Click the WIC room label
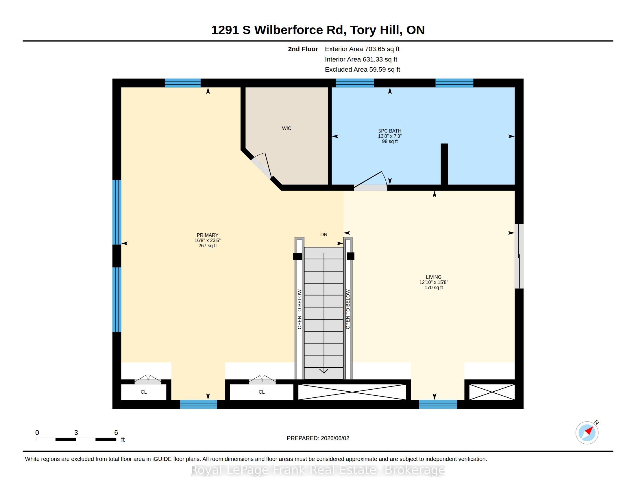pos(286,128)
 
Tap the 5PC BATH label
pos(390,131)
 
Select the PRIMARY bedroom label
pos(207,235)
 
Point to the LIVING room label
pos(434,277)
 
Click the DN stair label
pos(324,235)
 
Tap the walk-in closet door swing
pos(262,165)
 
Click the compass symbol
pos(587,433)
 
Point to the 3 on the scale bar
pos(76,433)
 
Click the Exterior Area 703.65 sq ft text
pos(362,49)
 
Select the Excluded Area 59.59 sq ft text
pos(363,70)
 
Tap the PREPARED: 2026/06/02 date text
pos(318,438)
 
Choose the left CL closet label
pos(144,392)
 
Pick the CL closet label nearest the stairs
pos(262,392)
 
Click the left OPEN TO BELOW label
pos(299,309)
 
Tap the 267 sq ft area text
pos(207,245)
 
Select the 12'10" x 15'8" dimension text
pos(434,282)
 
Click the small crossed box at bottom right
pos(492,392)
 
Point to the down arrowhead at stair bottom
pos(324,371)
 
